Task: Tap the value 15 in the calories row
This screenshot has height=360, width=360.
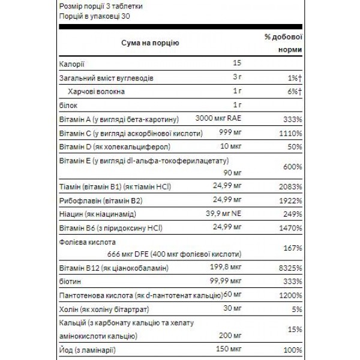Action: pyautogui.click(x=236, y=64)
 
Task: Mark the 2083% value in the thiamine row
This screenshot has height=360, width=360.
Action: pyautogui.click(x=288, y=185)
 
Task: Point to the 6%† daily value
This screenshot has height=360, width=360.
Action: pyautogui.click(x=291, y=91)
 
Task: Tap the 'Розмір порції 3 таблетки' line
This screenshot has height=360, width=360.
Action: pyautogui.click(x=101, y=5)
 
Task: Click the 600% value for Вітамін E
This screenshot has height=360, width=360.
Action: pyautogui.click(x=291, y=167)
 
